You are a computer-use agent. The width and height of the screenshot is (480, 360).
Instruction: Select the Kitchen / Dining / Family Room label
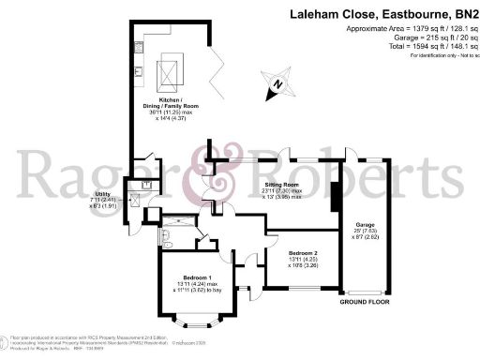[169, 99]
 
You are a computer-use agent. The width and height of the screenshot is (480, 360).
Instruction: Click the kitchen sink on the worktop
[136, 70]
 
